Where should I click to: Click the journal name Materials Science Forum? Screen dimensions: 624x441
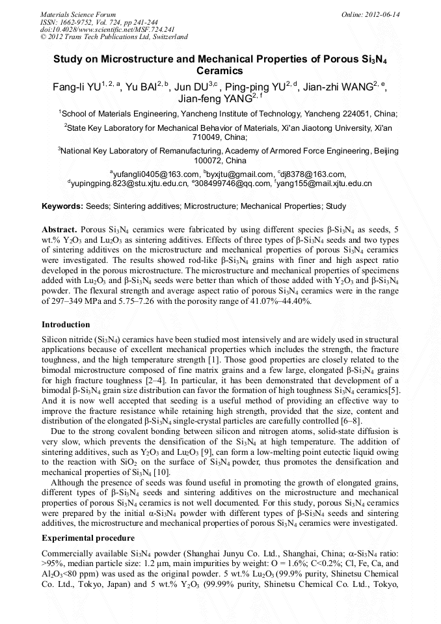coord(78,14)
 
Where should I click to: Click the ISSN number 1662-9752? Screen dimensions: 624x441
coord(81,21)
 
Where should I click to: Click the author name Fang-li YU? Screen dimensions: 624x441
coord(77,87)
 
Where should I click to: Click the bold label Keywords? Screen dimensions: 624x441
coord(62,206)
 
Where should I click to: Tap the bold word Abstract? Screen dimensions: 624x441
coord(60,230)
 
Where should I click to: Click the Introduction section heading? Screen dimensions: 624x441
coord(66,324)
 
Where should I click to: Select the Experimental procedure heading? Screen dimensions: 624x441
coord(88,538)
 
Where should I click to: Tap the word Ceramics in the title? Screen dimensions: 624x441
coord(220,70)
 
